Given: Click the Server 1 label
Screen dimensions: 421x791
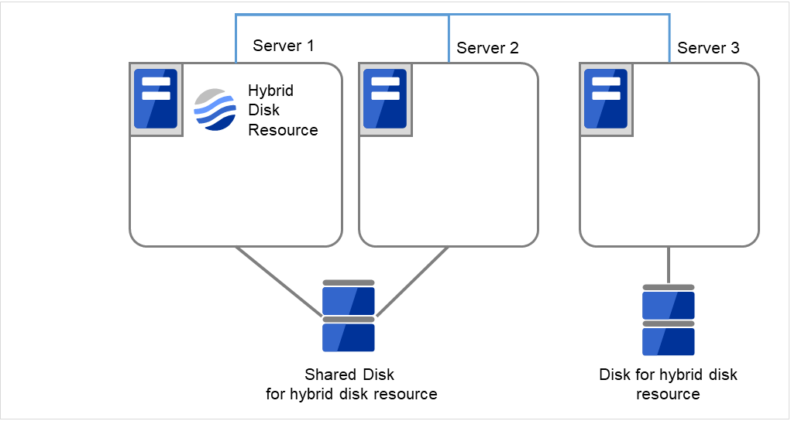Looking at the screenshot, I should tap(283, 46).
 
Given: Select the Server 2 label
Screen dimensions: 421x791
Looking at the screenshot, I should tap(487, 48).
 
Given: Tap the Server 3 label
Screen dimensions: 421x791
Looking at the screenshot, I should tap(708, 48).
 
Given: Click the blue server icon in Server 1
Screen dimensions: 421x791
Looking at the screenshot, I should tap(156, 99).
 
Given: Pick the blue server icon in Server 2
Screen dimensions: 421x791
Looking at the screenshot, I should tap(385, 99).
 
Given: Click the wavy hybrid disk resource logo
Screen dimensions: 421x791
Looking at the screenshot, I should tap(215, 110).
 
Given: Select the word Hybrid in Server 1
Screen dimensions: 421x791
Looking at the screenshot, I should tap(270, 91).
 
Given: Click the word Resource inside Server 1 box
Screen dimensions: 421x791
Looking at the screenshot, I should tap(283, 130).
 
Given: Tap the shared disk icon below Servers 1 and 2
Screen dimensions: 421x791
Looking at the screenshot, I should tap(349, 317).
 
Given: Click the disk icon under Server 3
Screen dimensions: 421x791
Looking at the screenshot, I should tap(668, 320).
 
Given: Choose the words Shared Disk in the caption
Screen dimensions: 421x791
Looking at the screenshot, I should tap(349, 375).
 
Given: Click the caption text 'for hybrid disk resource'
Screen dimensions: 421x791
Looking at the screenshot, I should tap(351, 394).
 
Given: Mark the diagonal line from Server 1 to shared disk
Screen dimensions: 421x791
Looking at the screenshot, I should tap(279, 282).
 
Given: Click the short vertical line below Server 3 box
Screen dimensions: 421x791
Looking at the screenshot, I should tap(668, 265).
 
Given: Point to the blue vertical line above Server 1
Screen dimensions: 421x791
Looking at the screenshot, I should tap(236, 39).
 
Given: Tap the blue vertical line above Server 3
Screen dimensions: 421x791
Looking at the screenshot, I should tap(670, 39).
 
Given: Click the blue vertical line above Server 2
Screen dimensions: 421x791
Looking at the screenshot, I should tap(449, 39).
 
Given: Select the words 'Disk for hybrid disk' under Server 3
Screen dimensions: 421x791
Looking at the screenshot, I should tap(668, 375).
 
